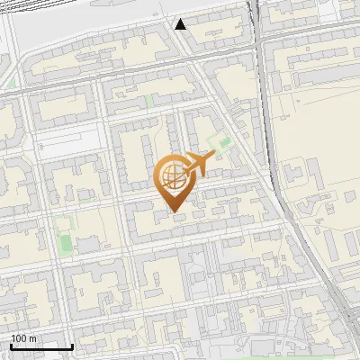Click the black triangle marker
[x=181, y=23]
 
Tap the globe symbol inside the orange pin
[x=173, y=175]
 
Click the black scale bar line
[x=41, y=346]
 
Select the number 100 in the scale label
[x=19, y=338]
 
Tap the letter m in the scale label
[x=32, y=338]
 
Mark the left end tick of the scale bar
[x=11, y=345]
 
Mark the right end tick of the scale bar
[x=72, y=345]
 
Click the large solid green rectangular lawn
[x=65, y=242]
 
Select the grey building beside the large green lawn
[x=87, y=243]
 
